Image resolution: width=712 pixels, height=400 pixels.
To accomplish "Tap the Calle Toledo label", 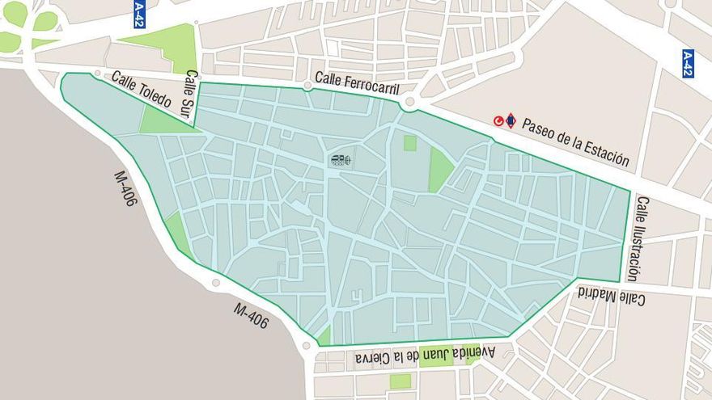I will point(141,90).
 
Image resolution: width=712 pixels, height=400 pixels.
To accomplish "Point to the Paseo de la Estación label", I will point(575,142).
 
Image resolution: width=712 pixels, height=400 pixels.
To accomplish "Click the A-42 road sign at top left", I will point(138,14).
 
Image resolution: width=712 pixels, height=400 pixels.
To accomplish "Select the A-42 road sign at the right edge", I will point(688,63).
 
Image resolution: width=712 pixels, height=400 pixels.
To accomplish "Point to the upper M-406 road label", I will point(124,188).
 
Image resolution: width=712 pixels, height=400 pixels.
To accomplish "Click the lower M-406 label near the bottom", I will point(251,315).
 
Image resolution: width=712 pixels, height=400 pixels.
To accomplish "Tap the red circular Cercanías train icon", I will point(499,121).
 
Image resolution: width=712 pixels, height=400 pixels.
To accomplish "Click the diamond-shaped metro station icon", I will point(511,121).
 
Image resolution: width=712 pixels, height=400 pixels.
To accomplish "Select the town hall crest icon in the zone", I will point(341,160).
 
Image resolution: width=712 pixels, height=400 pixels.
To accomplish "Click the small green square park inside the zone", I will point(410,143).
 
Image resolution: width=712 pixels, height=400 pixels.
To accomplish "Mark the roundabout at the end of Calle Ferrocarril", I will point(410,103).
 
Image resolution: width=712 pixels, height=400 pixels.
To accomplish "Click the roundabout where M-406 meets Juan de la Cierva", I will point(306,346).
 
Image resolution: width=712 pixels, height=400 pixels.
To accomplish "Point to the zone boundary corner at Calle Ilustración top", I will point(629,191).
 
